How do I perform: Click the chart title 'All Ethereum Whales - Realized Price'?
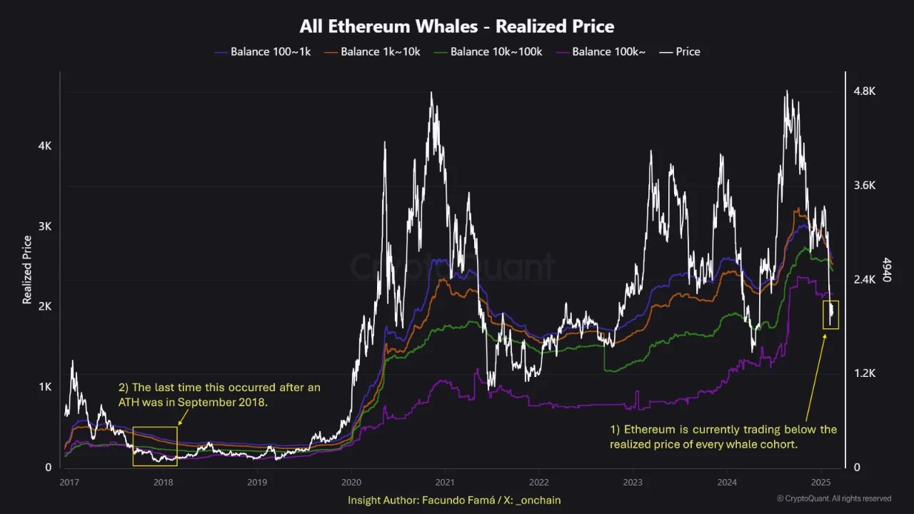457,26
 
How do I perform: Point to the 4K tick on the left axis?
45,146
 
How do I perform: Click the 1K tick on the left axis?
45,387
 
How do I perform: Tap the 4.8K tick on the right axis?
865,91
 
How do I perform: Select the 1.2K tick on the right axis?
865,373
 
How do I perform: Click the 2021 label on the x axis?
445,482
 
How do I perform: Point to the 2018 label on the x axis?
163,482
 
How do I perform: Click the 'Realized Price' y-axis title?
27,270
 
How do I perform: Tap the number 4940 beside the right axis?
887,270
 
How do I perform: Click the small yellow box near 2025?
830,315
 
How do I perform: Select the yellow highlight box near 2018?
155,446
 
